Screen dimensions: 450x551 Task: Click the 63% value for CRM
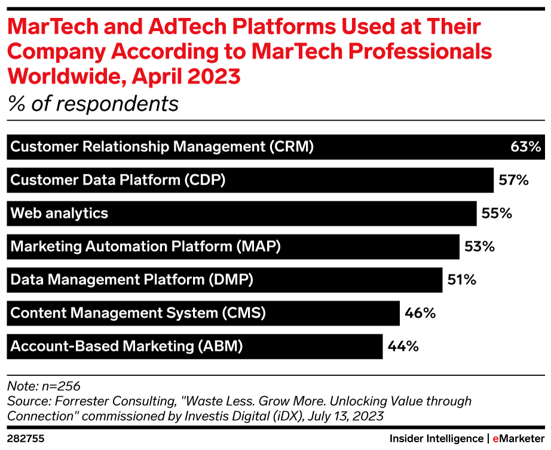pyautogui.click(x=525, y=147)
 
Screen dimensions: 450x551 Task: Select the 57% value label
pyautogui.click(x=513, y=180)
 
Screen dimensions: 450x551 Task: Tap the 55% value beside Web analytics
pyautogui.click(x=497, y=213)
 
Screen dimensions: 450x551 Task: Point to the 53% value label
pyautogui.click(x=479, y=246)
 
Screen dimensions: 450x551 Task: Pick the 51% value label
pyautogui.click(x=461, y=279)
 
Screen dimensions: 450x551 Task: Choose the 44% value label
pyautogui.click(x=402, y=345)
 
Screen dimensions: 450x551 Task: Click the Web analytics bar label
pyautogui.click(x=60, y=213)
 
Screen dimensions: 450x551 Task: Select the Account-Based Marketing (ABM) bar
pyautogui.click(x=194, y=346)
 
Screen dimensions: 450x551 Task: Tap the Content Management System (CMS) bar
pyautogui.click(x=203, y=313)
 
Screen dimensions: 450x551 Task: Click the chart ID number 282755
pyautogui.click(x=26, y=439)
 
